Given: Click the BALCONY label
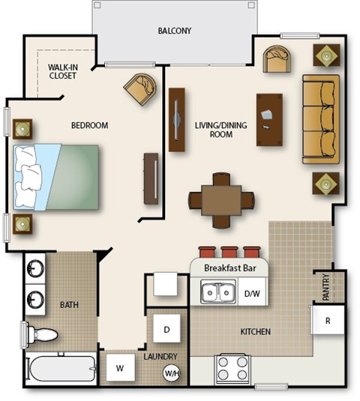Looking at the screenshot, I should click(x=175, y=31).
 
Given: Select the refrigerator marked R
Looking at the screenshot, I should click(x=328, y=319).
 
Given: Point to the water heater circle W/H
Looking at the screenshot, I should click(x=172, y=373).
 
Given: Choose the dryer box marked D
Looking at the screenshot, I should click(x=166, y=328).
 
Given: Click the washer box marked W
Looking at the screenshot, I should click(x=119, y=368).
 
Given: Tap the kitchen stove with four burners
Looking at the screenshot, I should click(x=232, y=368).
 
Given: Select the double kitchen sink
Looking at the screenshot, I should click(x=218, y=292).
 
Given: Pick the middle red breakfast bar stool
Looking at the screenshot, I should click(x=229, y=253).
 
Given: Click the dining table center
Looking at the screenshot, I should click(x=221, y=200).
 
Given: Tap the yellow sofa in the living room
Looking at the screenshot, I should click(x=321, y=118).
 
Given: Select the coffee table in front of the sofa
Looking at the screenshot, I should click(x=269, y=119).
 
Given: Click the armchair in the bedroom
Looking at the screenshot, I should click(x=141, y=88).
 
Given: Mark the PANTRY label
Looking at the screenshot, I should click(x=325, y=288).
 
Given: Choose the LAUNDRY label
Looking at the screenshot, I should click(x=161, y=356).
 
